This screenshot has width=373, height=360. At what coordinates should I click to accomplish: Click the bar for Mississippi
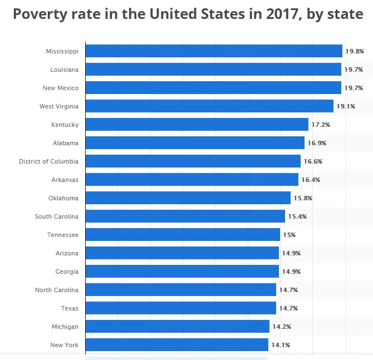[214, 51]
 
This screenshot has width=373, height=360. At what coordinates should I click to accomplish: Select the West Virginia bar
[209, 106]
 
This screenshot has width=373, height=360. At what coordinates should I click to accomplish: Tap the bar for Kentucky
[197, 125]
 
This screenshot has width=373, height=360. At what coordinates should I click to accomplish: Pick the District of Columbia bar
[193, 161]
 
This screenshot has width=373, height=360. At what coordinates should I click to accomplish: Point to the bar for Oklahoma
[188, 198]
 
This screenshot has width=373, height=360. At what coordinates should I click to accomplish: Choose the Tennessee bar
[183, 235]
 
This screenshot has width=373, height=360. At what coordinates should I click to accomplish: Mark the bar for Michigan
[177, 327]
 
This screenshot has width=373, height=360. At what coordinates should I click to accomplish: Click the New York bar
[176, 345]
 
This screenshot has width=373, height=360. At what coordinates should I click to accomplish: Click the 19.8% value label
[355, 51]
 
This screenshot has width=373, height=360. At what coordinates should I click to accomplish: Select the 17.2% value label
[320, 125]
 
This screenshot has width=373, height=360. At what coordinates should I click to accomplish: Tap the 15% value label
[289, 235]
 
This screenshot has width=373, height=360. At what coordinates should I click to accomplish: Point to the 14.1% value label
[280, 345]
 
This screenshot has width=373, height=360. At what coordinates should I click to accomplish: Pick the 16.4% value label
[311, 180]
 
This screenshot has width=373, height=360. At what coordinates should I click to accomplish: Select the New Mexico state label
[61, 88]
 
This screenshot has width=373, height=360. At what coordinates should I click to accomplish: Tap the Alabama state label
[66, 143]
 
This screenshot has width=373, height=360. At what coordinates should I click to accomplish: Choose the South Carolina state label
[57, 216]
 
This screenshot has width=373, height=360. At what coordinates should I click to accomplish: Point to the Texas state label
[70, 308]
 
